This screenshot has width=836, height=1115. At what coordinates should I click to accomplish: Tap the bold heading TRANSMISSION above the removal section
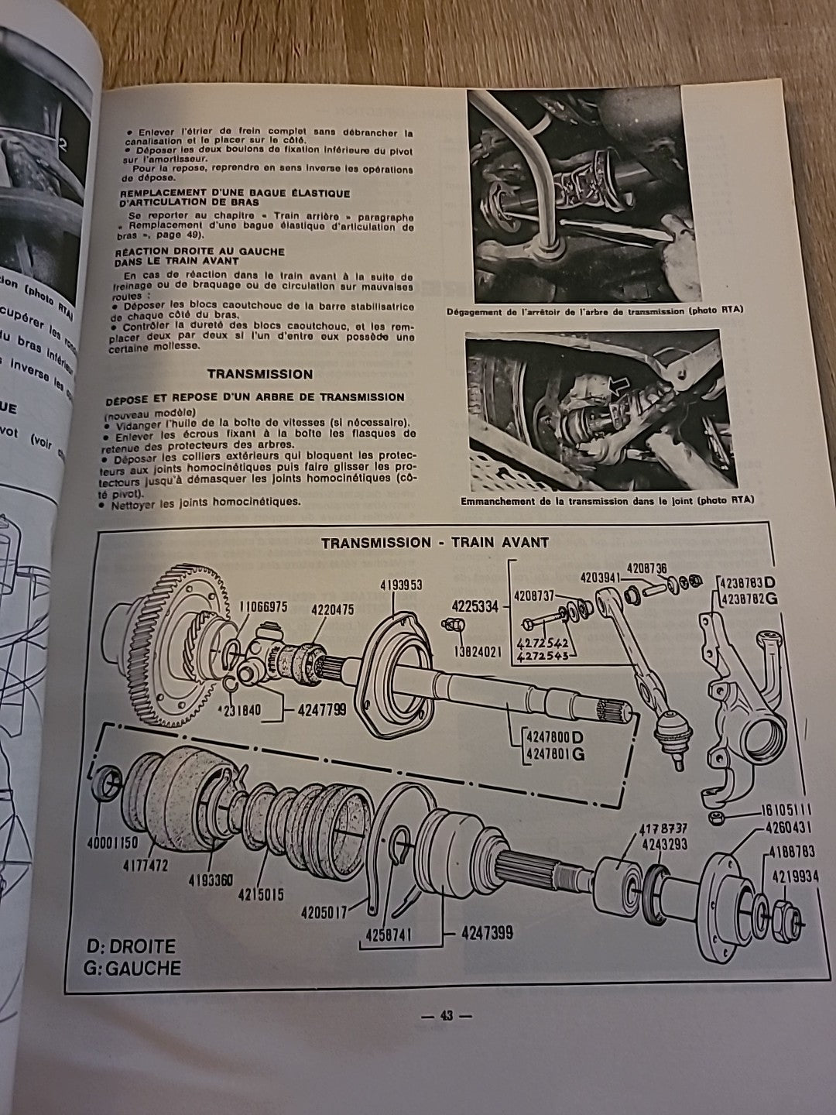259,374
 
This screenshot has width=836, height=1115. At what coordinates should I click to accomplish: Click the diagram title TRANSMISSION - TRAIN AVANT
435,542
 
